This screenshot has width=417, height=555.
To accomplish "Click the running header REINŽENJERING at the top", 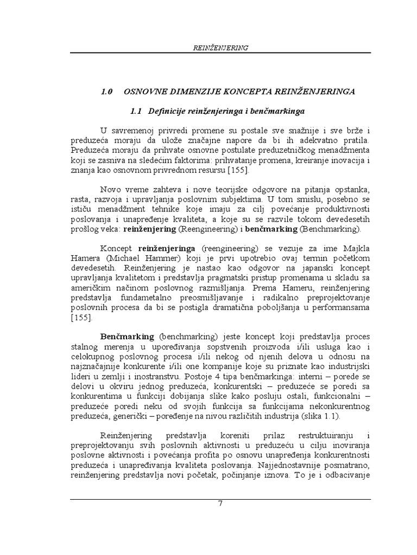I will click(220, 48).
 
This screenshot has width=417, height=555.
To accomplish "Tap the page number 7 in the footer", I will click(220, 503).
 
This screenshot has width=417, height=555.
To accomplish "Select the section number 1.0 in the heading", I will click(106, 92).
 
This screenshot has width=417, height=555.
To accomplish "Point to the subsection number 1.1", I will click(136, 111).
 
